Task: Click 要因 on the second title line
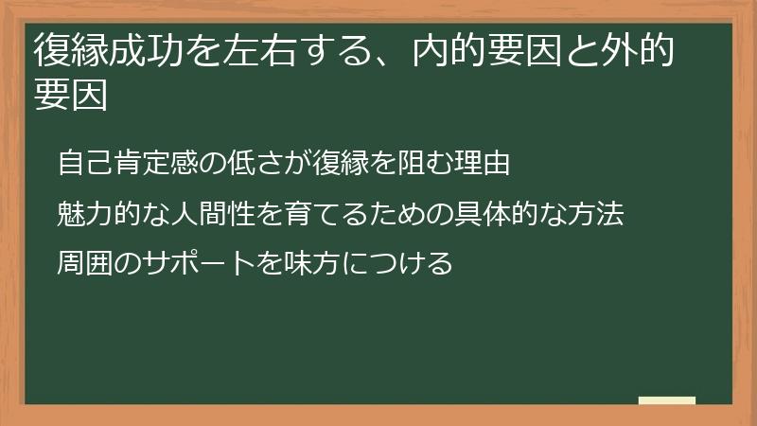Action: (69, 96)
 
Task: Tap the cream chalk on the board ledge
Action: (666, 400)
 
